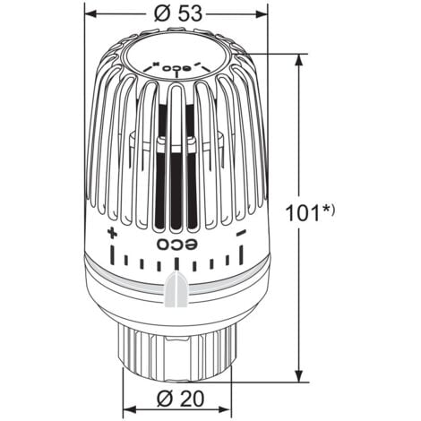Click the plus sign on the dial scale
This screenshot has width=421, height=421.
pyautogui.click(x=112, y=234)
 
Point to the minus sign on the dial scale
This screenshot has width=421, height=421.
pyautogui.click(x=241, y=234)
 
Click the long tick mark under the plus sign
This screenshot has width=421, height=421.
pyautogui.click(x=112, y=255)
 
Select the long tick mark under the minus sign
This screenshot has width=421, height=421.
pyautogui.click(x=241, y=255)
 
